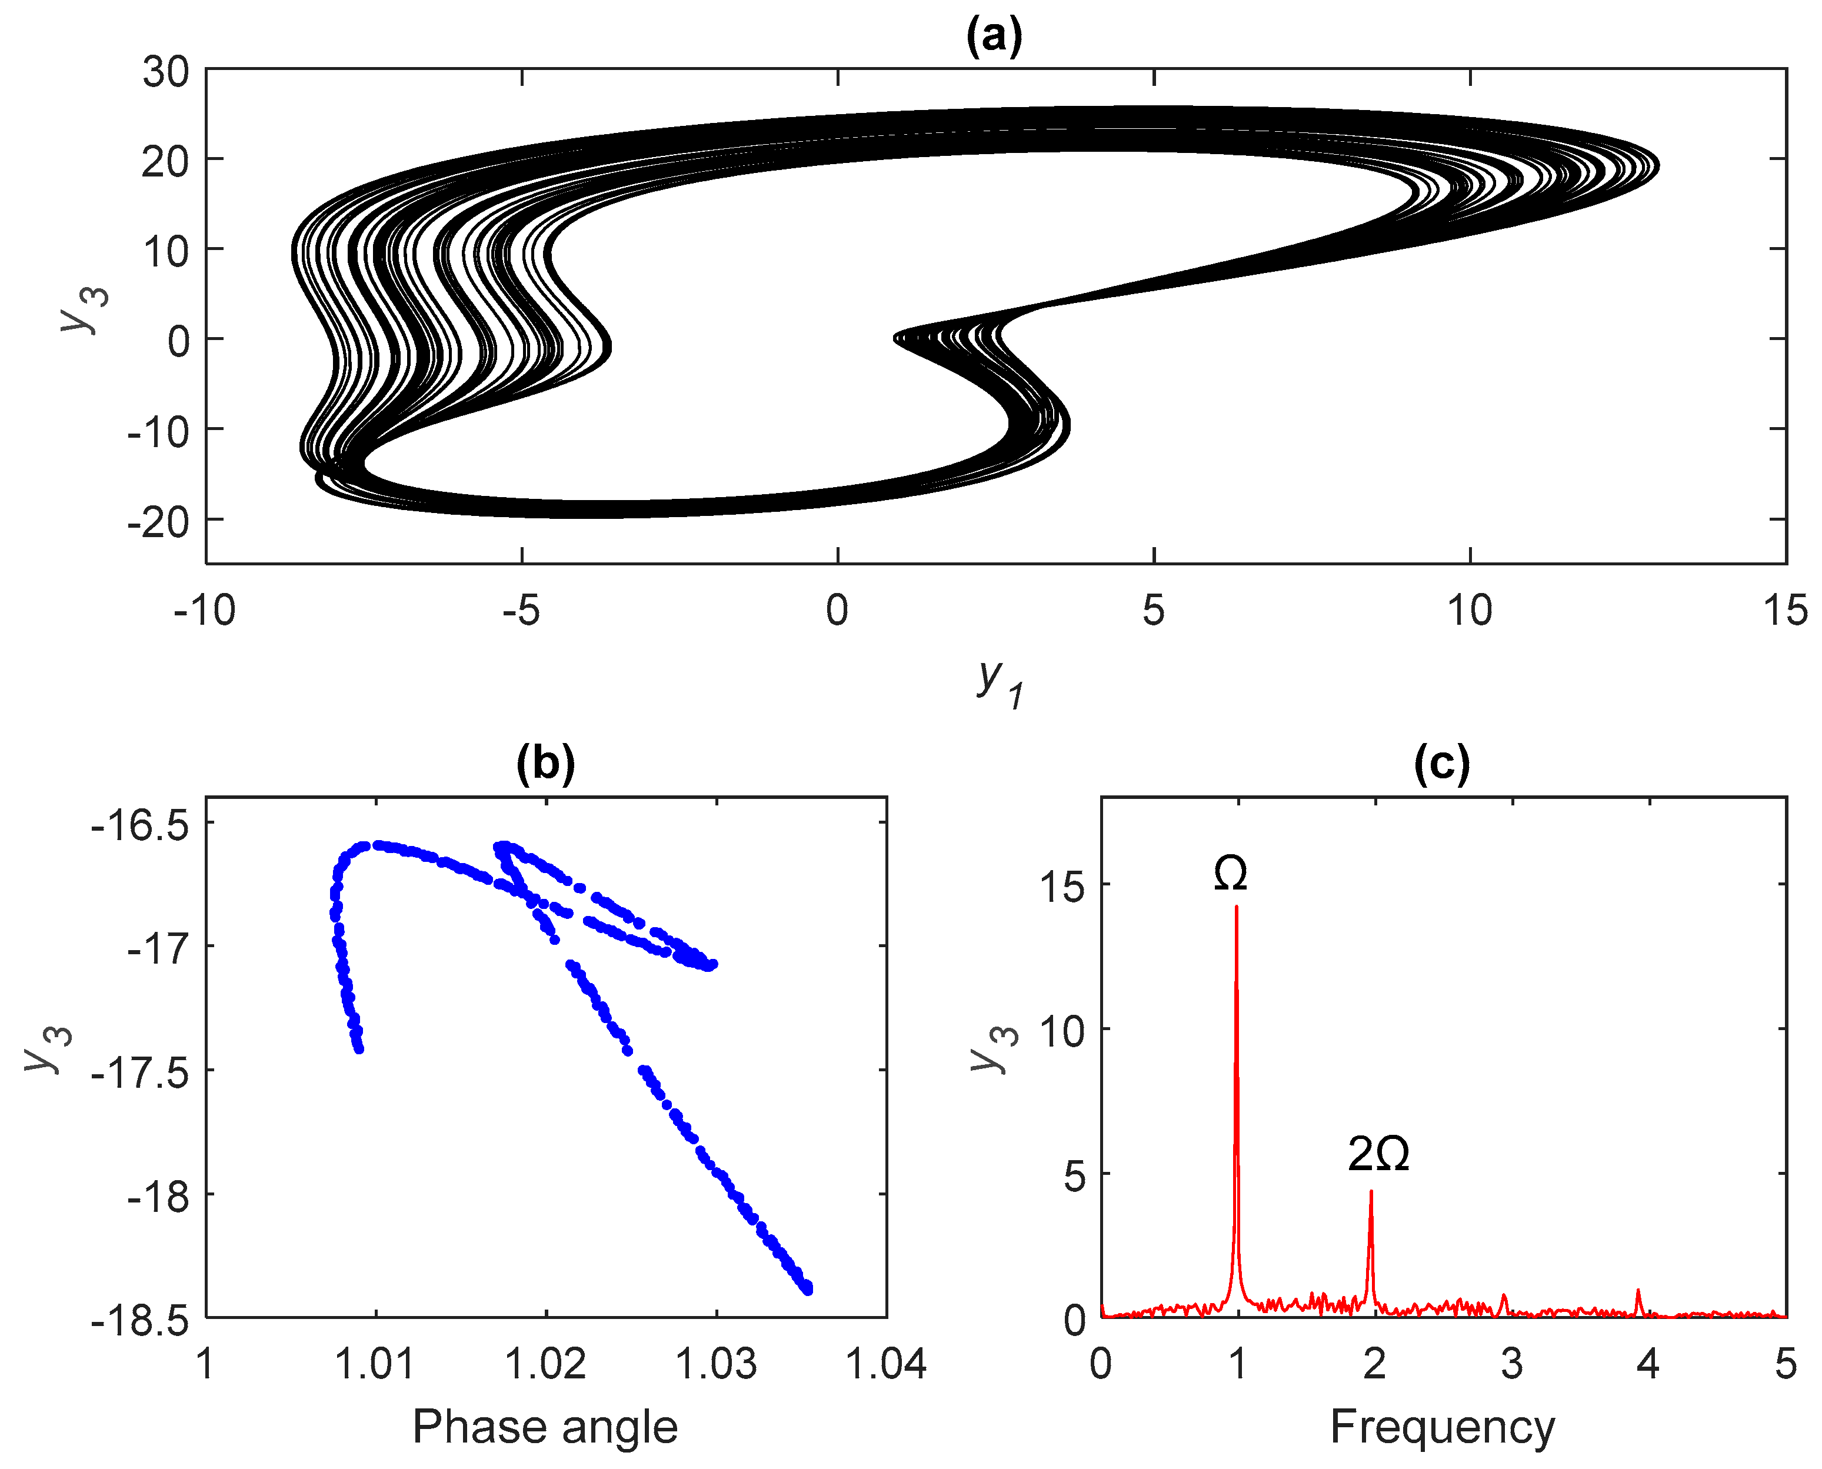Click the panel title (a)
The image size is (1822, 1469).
tap(994, 36)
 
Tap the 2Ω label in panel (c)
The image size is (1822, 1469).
tap(1378, 1154)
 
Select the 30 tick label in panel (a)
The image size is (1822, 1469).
tap(166, 72)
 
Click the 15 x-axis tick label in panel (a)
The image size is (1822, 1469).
tap(1786, 610)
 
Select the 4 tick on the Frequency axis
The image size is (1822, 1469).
tap(1648, 1365)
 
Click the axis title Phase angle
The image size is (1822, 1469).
tap(545, 1428)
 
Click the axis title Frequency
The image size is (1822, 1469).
tap(1442, 1428)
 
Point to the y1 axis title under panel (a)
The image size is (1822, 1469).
tap(998, 681)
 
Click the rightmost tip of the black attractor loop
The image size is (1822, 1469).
tap(1658, 166)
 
